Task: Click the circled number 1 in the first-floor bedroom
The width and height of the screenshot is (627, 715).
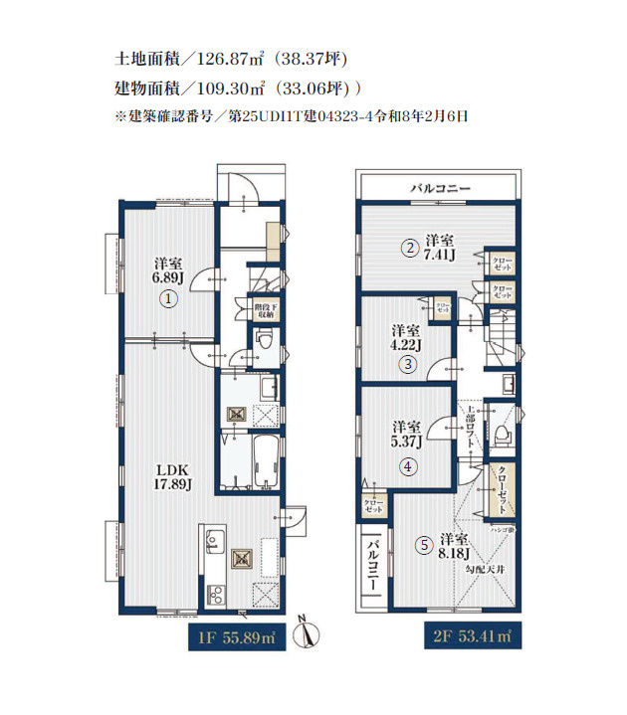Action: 170,298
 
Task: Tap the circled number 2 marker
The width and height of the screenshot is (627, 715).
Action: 409,249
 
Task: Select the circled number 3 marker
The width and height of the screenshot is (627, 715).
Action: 408,365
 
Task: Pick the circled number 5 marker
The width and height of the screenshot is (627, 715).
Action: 424,544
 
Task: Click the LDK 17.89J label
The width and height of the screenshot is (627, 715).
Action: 171,476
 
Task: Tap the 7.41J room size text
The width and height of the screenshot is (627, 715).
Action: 440,256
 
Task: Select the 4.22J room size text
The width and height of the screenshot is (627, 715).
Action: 405,345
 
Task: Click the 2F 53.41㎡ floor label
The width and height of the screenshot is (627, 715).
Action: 471,634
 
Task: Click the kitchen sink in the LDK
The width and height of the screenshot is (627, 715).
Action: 212,542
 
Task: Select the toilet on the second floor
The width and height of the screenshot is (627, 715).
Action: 502,432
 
